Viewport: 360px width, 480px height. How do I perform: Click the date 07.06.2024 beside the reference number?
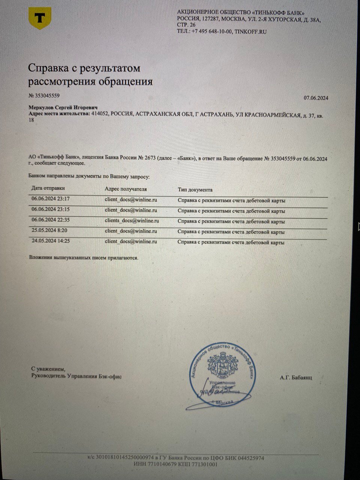pyautogui.click(x=316, y=98)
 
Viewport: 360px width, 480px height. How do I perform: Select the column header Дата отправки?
pyautogui.click(x=48, y=188)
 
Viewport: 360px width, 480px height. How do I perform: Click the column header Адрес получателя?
pyautogui.click(x=126, y=189)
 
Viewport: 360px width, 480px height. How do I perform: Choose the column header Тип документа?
pyautogui.click(x=195, y=190)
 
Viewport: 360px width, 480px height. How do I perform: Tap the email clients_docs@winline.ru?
pyautogui.click(x=132, y=221)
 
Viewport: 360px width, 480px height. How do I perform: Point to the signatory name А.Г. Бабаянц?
pyautogui.click(x=295, y=378)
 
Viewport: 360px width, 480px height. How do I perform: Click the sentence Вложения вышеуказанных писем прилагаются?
pyautogui.click(x=84, y=258)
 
